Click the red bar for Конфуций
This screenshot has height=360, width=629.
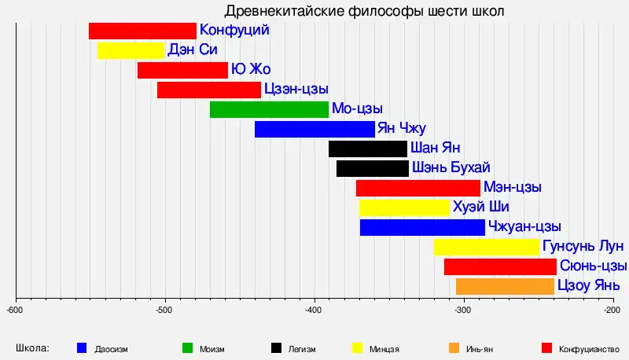[142, 31]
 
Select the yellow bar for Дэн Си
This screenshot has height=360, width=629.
[131, 50]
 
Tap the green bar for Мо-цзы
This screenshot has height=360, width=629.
[269, 109]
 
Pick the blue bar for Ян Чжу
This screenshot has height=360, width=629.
[314, 129]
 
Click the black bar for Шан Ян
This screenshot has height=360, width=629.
[368, 149]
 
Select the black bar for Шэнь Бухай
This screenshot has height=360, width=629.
[373, 168]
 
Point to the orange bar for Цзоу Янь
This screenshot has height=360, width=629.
[505, 286]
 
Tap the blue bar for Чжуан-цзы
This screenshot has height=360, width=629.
[422, 227]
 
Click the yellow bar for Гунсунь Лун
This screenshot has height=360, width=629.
[486, 247]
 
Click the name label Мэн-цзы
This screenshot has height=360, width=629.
[513, 188]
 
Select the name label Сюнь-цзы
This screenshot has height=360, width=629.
[594, 266]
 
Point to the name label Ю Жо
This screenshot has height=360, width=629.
[251, 70]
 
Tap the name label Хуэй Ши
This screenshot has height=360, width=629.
[480, 208]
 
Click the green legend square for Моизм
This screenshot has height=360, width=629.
[188, 347]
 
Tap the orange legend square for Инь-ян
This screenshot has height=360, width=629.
[454, 347]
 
